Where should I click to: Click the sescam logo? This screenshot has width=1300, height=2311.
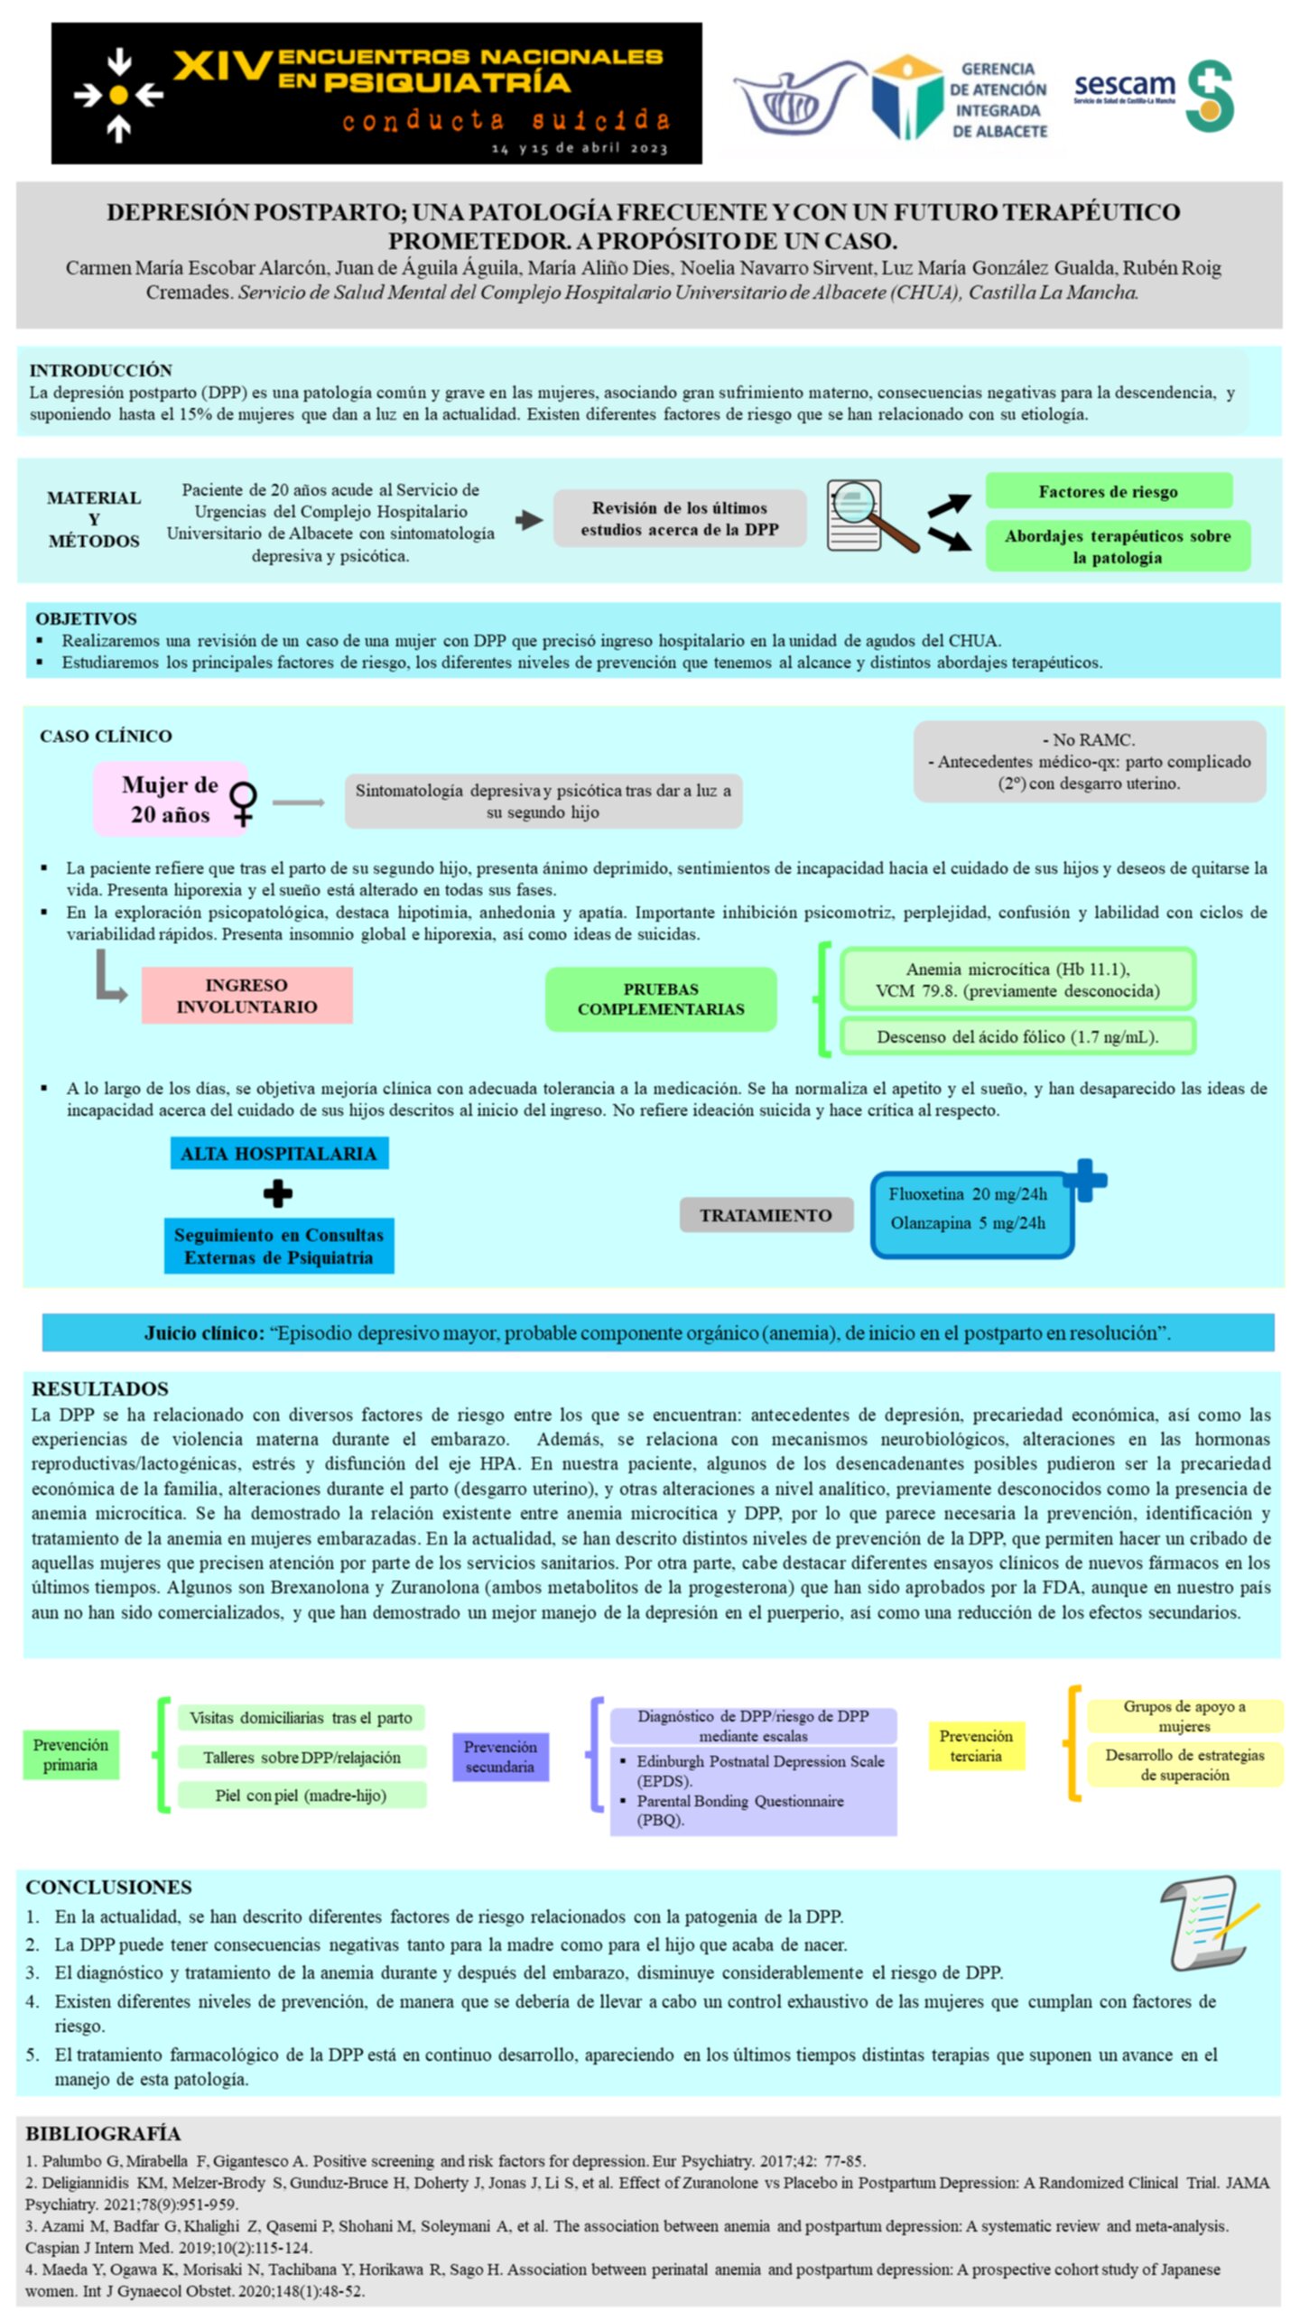pos(1153,95)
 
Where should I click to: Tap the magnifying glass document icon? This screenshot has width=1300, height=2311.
pos(872,515)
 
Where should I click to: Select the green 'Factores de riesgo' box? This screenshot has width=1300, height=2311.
pos(1108,491)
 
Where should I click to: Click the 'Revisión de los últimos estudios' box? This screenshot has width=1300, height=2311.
pos(679,518)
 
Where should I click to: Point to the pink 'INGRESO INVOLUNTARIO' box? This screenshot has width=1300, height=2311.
pos(246,995)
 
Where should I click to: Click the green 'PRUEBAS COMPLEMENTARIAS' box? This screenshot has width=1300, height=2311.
pos(661,998)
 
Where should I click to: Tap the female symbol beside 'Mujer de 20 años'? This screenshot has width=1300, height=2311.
pos(243,803)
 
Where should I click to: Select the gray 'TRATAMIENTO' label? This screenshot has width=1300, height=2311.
pos(766,1215)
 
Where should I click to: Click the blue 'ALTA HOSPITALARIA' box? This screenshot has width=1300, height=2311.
pos(279,1153)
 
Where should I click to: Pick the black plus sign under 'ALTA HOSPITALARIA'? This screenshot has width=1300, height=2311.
pos(278,1193)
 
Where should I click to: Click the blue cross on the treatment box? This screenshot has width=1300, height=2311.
pos(1085,1180)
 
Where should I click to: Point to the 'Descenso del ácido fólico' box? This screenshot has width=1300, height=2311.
pos(1017,1036)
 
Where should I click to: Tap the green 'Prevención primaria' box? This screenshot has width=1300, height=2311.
pos(70,1754)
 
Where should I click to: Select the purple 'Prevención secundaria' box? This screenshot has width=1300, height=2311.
pos(500,1756)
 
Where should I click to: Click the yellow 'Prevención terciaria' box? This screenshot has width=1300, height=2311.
pos(976,1745)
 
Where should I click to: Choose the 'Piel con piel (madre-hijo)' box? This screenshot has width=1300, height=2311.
pos(302,1795)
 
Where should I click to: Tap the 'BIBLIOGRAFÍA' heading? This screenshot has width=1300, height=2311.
pos(103,2133)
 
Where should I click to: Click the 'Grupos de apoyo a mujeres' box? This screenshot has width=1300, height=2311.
pos(1184,1715)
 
